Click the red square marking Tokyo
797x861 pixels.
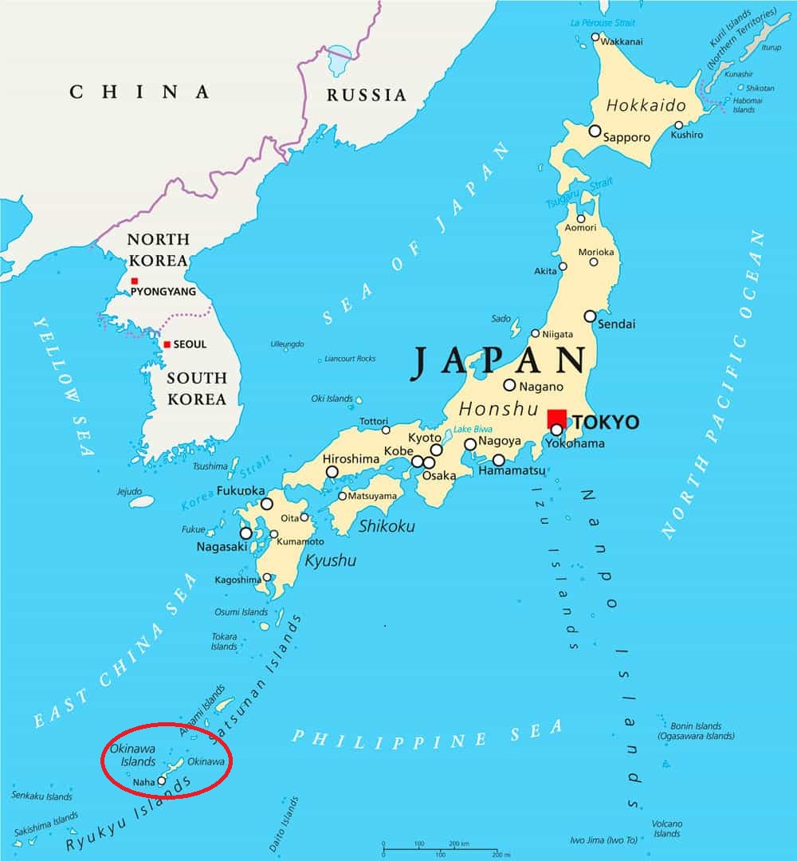(x=556, y=419)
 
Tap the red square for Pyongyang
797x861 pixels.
(x=135, y=281)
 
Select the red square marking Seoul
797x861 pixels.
(x=167, y=344)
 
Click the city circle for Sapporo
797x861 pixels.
(x=595, y=131)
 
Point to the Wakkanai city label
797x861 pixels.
(x=621, y=41)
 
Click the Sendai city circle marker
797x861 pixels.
(x=590, y=316)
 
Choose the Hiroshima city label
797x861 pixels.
(x=351, y=459)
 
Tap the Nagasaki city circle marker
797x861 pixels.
(x=246, y=533)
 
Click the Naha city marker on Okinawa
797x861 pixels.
(x=162, y=781)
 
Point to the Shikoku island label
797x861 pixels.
(x=387, y=526)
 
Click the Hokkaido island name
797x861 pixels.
(x=646, y=105)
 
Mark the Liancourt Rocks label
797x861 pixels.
(x=350, y=359)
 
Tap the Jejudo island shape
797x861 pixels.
(x=141, y=501)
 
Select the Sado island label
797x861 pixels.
(x=501, y=319)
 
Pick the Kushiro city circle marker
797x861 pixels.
(x=679, y=125)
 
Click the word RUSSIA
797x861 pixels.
(x=367, y=96)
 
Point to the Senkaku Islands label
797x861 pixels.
(x=42, y=796)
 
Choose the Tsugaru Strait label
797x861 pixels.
(x=579, y=194)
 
